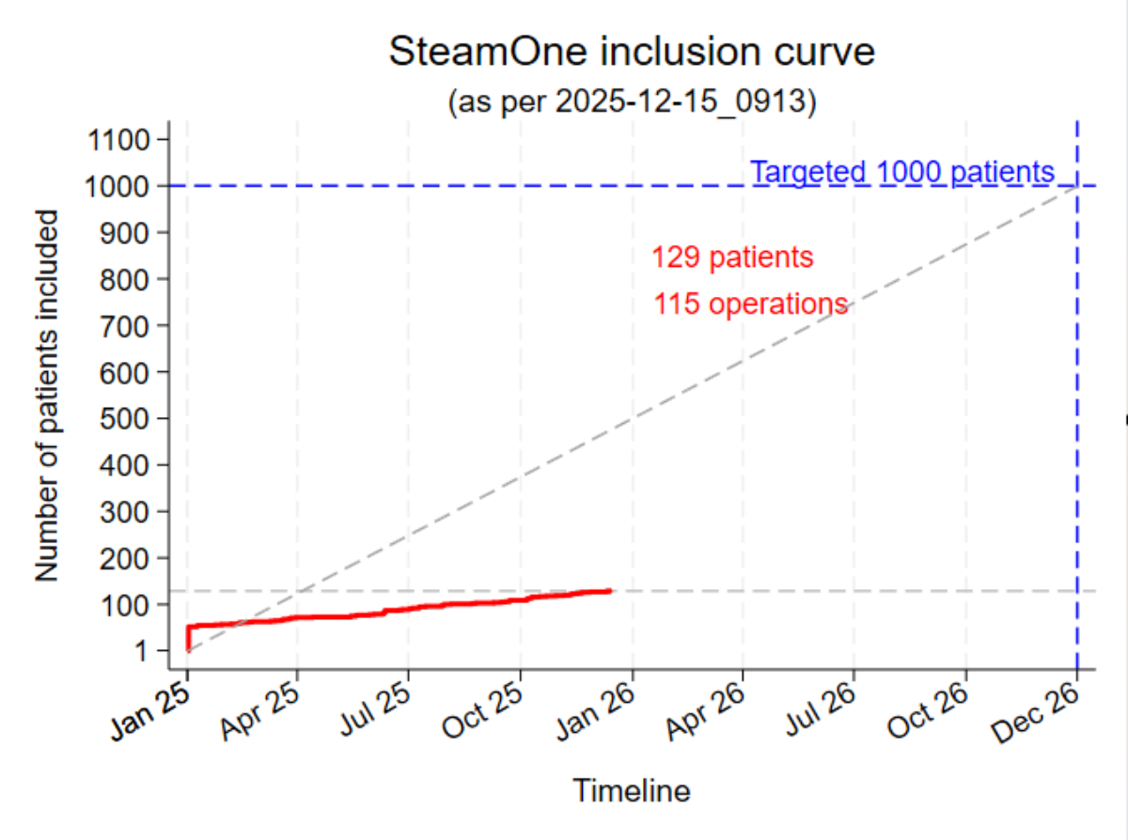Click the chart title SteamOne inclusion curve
(631, 53)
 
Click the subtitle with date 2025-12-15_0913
(631, 101)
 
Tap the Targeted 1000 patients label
(902, 172)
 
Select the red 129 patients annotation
(732, 257)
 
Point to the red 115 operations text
(751, 303)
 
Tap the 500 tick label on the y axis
(127, 418)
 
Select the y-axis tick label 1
(144, 650)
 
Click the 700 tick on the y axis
(127, 326)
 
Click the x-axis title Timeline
(632, 791)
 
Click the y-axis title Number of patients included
(48, 395)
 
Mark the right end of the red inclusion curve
(611, 590)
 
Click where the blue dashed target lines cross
(1077, 186)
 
